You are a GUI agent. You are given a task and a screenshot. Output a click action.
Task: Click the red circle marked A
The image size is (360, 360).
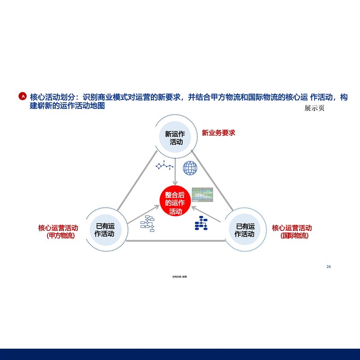tap(23, 96)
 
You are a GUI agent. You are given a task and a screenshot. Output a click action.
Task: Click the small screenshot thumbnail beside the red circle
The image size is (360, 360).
tap(202, 194)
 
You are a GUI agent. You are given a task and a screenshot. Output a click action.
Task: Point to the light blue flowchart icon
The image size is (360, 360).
tap(147, 223)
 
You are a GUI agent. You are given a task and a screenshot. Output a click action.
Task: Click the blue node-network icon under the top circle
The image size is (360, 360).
tap(165, 165)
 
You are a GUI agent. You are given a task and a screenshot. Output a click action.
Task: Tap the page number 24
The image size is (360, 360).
tap(328, 267)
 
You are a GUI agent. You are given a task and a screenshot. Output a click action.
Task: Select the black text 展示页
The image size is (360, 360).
tap(314, 108)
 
